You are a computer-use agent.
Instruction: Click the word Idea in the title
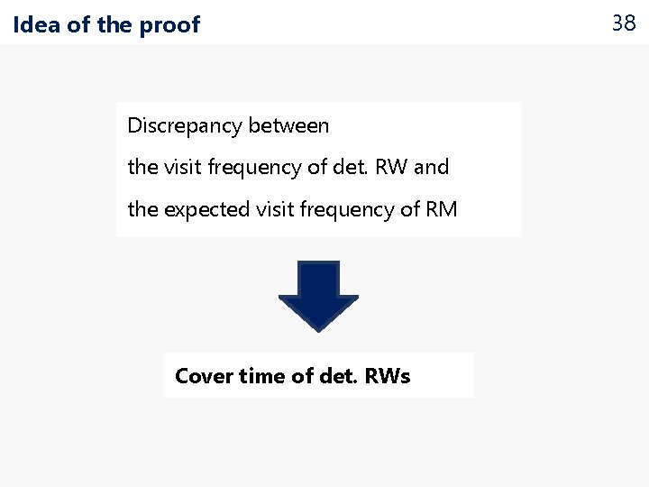37,25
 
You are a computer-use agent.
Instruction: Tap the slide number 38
624,23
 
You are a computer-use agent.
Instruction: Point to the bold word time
262,376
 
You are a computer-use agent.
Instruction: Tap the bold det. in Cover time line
338,376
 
